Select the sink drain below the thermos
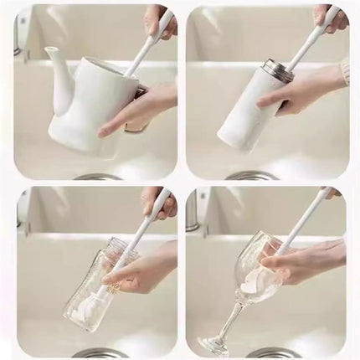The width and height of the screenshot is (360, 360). point(251,176)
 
